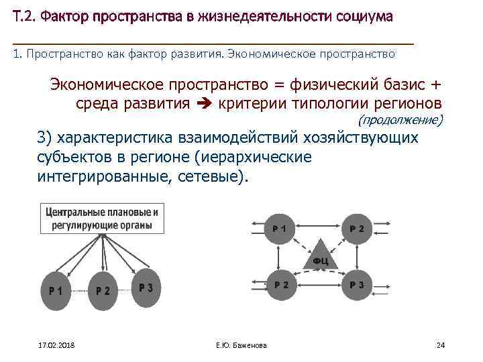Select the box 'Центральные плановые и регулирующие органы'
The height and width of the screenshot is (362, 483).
(103, 219)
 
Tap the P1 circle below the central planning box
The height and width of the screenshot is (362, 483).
(56, 290)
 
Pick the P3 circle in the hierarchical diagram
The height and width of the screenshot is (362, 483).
(146, 287)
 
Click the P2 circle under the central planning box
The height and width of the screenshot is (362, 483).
(103, 290)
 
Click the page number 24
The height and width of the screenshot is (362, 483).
(441, 345)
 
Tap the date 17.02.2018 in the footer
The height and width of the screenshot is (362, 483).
(56, 345)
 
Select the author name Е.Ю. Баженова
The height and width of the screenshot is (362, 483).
(241, 345)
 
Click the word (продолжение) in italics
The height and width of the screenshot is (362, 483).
(400, 120)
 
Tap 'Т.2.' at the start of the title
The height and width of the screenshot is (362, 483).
(24, 16)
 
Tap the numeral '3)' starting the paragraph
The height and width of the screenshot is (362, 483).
(45, 137)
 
